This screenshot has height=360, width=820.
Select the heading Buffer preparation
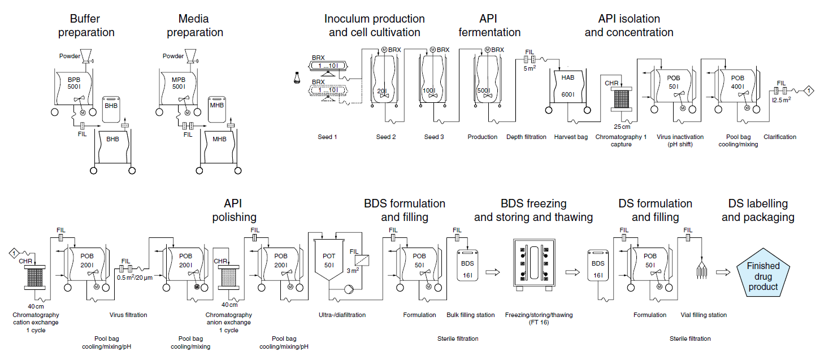(x=86, y=26)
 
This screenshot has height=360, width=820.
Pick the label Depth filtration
(x=526, y=137)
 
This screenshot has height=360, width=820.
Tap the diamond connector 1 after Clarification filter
(x=809, y=90)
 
